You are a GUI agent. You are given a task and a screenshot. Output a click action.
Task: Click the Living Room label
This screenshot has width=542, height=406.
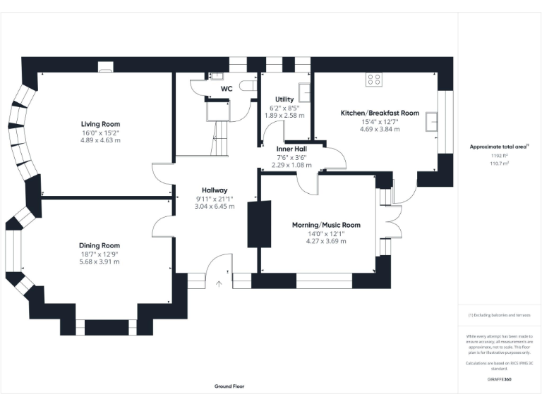(100, 123)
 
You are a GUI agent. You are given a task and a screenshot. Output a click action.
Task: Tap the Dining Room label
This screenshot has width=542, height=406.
(100, 245)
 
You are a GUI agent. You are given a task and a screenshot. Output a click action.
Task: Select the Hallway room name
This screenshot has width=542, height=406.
(215, 190)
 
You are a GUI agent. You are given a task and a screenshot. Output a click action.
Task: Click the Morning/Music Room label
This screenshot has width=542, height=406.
(326, 225)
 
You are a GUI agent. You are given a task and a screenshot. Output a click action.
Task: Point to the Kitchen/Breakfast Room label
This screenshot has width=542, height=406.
(380, 113)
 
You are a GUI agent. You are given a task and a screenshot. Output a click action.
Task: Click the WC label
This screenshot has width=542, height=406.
(227, 89)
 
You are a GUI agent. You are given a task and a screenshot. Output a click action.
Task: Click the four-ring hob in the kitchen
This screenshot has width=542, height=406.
(374, 80)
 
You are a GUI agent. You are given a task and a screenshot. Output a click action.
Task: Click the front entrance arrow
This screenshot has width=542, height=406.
(219, 283)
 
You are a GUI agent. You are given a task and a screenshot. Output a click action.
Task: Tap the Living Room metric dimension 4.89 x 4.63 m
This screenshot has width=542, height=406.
(100, 140)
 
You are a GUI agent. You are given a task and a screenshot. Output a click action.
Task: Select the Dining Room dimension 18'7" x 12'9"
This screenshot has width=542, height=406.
(100, 254)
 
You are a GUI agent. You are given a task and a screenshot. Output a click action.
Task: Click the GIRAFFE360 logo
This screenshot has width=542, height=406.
(500, 379)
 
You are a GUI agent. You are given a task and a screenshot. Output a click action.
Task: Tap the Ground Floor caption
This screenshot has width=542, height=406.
(229, 386)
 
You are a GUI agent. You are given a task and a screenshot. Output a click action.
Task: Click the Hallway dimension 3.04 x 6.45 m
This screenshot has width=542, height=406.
(215, 207)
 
